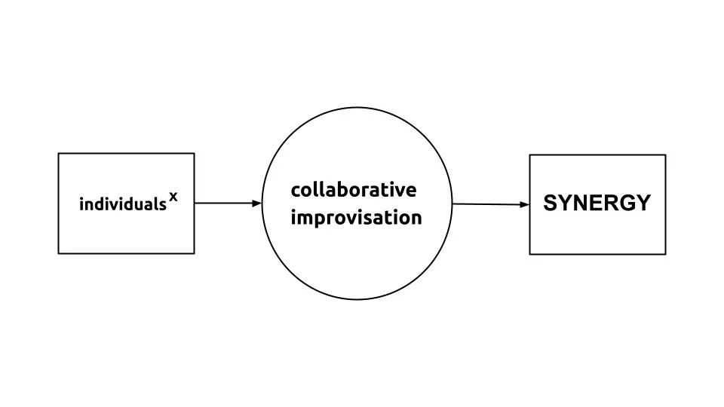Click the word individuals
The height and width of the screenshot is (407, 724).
tap(122, 203)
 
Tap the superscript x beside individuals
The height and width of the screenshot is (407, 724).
tap(173, 197)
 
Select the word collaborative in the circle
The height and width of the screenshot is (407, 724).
tap(353, 189)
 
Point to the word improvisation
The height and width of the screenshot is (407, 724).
tap(356, 218)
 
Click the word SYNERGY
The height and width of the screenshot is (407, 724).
tap(597, 203)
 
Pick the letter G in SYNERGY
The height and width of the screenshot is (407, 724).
tap(624, 203)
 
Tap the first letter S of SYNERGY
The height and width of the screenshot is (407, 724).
tap(551, 203)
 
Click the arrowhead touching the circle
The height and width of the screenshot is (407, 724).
tap(257, 203)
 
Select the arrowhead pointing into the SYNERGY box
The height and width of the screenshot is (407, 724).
tap(525, 204)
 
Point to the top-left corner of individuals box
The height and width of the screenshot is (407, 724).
tap(59, 154)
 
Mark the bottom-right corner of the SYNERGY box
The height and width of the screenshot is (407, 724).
tap(665, 254)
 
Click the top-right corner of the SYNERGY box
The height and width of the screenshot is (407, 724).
tap(665, 155)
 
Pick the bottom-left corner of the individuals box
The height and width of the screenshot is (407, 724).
tap(59, 253)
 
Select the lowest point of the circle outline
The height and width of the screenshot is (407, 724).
tap(356, 300)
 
